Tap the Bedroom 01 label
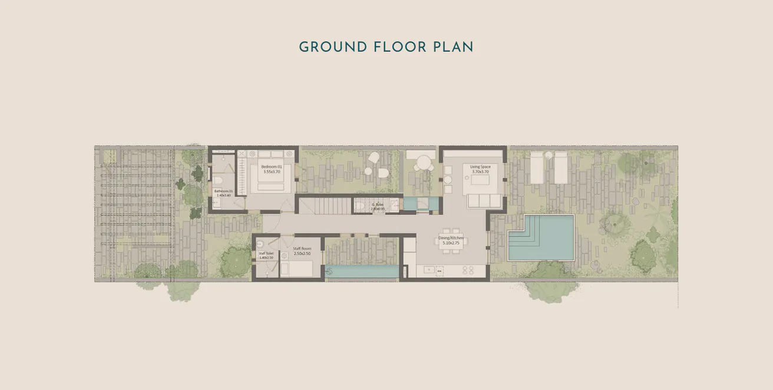pos(272,167)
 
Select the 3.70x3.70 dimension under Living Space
pos(480,172)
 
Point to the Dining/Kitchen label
pos(451,238)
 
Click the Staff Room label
pos(302,249)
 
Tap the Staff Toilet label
pos(266,253)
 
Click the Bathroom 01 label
pos(223,191)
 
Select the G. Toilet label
pos(378,204)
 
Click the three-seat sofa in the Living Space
pos(484,201)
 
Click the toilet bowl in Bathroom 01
pos(217,180)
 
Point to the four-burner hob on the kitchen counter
pos(468,270)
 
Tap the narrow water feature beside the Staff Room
pos(361,272)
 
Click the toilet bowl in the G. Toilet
pos(361,206)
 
